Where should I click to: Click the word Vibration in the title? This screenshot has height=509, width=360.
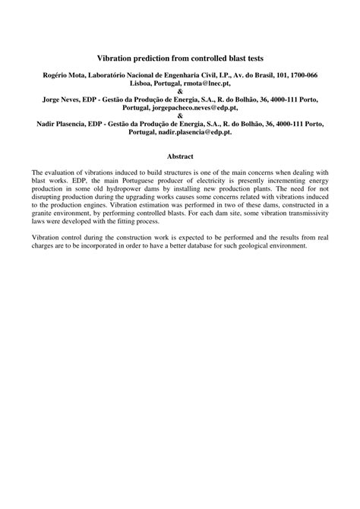point(115,57)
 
